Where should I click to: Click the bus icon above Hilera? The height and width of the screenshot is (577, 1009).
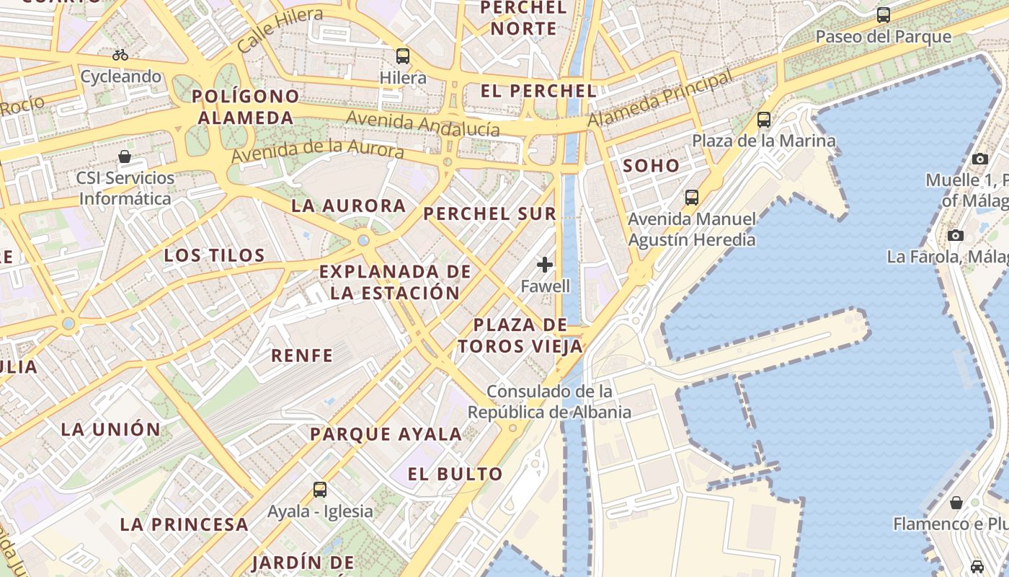(x=403, y=56)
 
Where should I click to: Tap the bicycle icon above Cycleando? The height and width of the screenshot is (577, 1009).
(x=120, y=55)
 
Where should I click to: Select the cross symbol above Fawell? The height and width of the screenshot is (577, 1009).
(x=545, y=265)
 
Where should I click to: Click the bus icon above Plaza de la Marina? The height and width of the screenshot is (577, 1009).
(x=764, y=120)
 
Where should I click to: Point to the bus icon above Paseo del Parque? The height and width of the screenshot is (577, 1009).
(x=883, y=15)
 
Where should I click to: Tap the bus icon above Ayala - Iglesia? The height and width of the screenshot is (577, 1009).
(x=320, y=490)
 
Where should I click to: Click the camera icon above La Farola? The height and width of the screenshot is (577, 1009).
(x=956, y=235)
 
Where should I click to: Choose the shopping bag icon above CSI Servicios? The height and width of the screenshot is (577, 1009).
(x=125, y=157)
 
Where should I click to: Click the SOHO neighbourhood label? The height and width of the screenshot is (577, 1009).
(x=651, y=166)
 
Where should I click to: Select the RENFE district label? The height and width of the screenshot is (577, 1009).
(x=302, y=356)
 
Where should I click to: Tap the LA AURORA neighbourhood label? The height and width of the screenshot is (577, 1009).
(x=349, y=206)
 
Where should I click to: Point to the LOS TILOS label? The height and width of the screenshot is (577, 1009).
(x=214, y=255)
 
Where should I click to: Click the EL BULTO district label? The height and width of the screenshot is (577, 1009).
(x=455, y=475)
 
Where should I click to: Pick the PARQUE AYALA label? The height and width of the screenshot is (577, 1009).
(x=386, y=434)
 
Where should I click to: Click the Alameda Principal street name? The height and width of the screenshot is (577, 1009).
(x=659, y=99)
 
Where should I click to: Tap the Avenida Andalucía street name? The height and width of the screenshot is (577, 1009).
(x=422, y=123)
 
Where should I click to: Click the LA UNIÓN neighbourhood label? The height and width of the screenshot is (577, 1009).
(x=111, y=429)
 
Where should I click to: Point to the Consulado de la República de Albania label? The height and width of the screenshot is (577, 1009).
(x=549, y=402)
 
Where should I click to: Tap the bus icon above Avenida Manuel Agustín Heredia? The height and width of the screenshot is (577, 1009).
(x=692, y=198)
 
